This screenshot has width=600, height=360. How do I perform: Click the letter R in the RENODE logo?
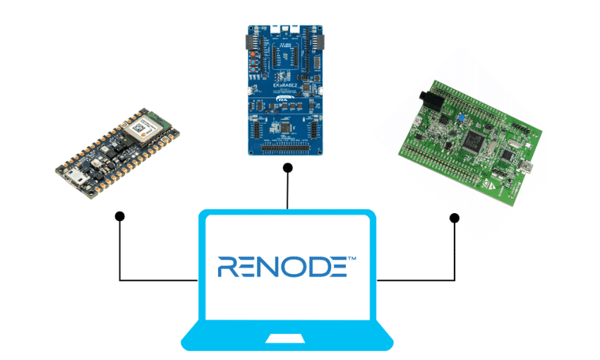coord(229,266)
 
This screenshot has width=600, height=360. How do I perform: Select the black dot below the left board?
coord(120,215)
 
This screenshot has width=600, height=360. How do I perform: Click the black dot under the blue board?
coord(287,168)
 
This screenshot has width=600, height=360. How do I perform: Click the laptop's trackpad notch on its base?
coord(287,340)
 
